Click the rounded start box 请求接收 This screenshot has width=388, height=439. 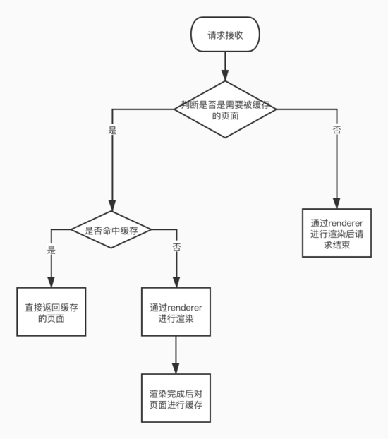[225, 35]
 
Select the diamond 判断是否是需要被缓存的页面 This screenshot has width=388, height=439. [225, 110]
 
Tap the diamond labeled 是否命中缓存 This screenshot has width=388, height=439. [112, 230]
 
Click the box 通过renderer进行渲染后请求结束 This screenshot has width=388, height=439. [337, 232]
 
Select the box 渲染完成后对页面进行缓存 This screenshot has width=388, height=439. [176, 399]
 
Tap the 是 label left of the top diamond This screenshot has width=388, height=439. [112, 131]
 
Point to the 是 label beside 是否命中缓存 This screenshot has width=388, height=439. [51, 249]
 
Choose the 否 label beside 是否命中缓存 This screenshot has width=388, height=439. [176, 249]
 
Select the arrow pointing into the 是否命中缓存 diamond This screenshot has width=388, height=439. [112, 169]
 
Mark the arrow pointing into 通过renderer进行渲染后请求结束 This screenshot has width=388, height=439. [337, 169]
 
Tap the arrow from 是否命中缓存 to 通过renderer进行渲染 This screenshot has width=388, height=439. [176, 268]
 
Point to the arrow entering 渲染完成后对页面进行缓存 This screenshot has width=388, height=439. [176, 356]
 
